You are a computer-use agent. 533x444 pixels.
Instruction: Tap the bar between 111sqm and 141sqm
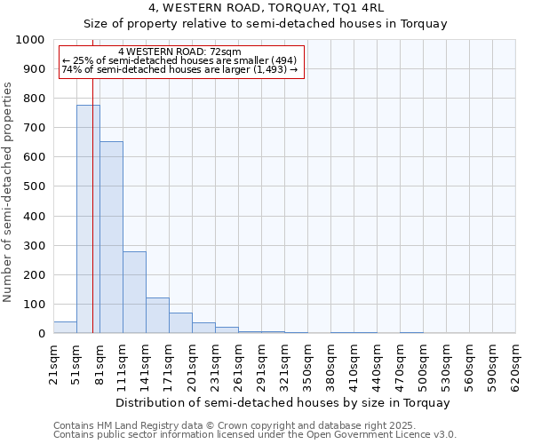pyautogui.click(x=134, y=292)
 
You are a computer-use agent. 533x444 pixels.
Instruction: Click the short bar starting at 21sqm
pyautogui.click(x=65, y=328)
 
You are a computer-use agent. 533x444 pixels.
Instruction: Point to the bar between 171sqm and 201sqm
pyautogui.click(x=180, y=323)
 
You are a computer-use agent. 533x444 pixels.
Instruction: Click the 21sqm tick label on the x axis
pyautogui.click(x=54, y=364)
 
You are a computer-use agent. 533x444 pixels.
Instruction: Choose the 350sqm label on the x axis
pyautogui.click(x=308, y=366)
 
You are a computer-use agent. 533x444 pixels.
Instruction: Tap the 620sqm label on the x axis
pyautogui.click(x=516, y=366)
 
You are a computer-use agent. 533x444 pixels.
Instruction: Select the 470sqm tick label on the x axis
pyautogui.click(x=401, y=366)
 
